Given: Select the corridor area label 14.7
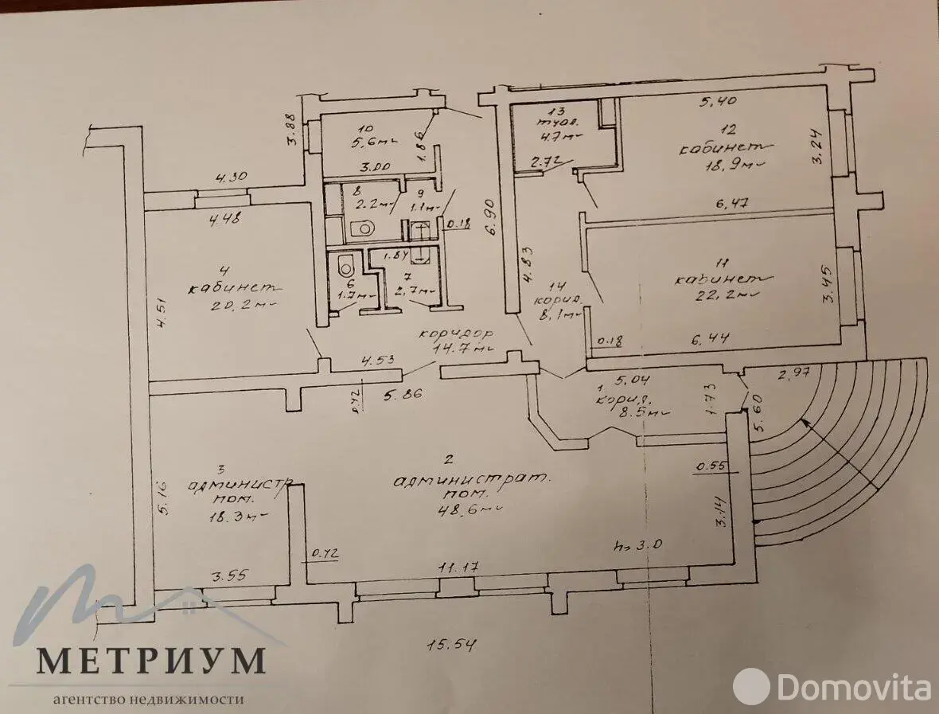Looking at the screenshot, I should (x=460, y=347).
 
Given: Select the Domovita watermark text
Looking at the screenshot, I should (x=855, y=684).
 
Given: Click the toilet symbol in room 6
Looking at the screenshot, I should (x=345, y=264).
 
